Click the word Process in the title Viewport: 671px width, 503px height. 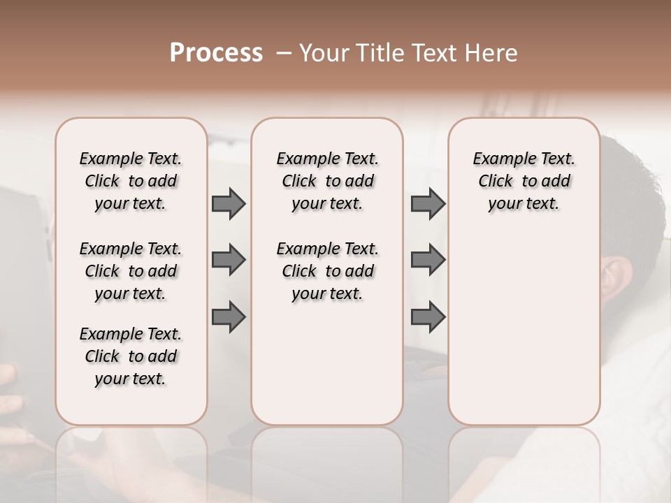pyautogui.click(x=216, y=53)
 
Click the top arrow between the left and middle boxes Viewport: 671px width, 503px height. pyautogui.click(x=229, y=203)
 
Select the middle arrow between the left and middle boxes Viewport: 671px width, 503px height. pyautogui.click(x=229, y=260)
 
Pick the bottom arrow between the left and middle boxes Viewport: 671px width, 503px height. pyautogui.click(x=229, y=317)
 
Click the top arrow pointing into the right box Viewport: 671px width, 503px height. pyautogui.click(x=428, y=203)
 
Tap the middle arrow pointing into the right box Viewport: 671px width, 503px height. pyautogui.click(x=428, y=260)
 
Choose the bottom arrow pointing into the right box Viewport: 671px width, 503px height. pyautogui.click(x=428, y=317)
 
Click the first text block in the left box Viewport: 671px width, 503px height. pyautogui.click(x=131, y=181)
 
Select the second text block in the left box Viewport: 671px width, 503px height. pyautogui.click(x=131, y=271)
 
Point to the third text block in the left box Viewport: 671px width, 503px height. pyautogui.click(x=131, y=356)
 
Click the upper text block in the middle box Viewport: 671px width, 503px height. pyautogui.click(x=328, y=181)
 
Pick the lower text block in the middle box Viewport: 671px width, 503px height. pyautogui.click(x=328, y=271)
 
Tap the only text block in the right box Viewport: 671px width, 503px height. pyautogui.click(x=524, y=181)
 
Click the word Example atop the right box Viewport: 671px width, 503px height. pyautogui.click(x=502, y=159)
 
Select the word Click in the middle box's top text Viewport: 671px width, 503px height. pyautogui.click(x=299, y=182)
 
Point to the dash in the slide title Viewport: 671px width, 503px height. pyautogui.click(x=283, y=53)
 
